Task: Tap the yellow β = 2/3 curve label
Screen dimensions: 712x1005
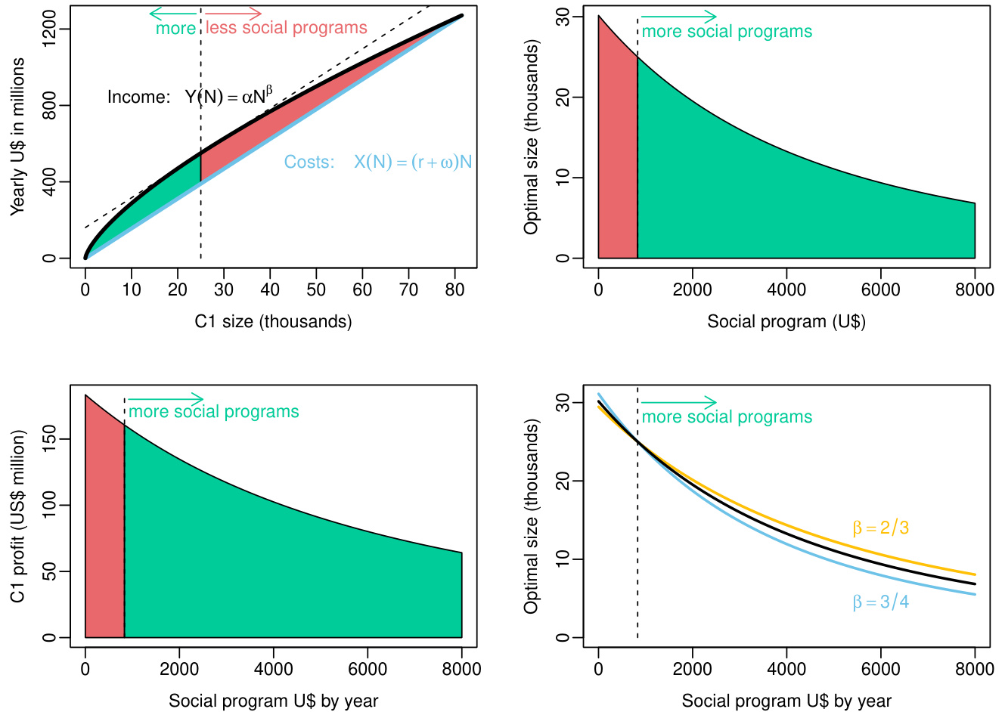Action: click(x=881, y=528)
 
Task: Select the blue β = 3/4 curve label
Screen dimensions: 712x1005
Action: click(x=881, y=602)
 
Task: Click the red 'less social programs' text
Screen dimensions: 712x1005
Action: click(x=287, y=28)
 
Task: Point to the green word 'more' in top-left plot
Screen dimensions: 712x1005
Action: click(x=175, y=29)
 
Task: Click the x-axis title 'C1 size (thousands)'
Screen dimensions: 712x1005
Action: click(x=273, y=321)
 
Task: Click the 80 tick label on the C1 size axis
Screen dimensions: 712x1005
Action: click(x=454, y=289)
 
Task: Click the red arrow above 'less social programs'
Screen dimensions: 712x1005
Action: click(x=233, y=13)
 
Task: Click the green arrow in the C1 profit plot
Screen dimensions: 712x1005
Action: click(x=166, y=398)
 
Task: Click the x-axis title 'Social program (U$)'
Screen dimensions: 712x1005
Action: click(x=786, y=321)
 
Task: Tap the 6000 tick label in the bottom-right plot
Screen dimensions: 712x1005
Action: click(x=881, y=669)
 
